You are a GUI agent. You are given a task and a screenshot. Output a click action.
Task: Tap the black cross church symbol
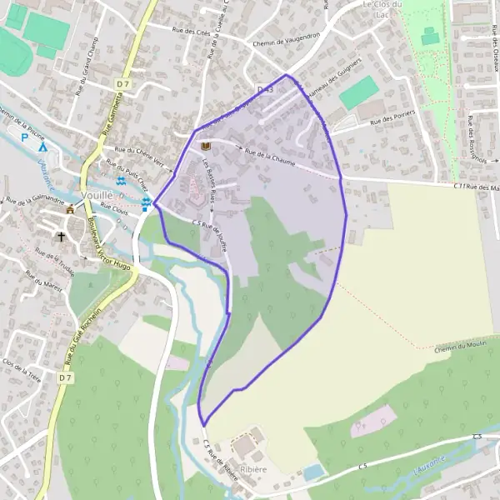(60, 237)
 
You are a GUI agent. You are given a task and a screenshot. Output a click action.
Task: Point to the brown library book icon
(205, 146)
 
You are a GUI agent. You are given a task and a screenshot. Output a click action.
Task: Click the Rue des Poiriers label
(392, 122)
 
